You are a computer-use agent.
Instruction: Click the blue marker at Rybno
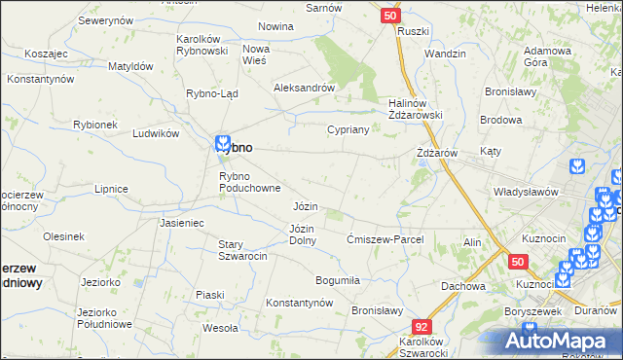(x=223, y=142)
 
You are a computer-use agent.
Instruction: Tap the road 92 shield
(x=421, y=328)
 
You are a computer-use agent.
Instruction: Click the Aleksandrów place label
(x=305, y=87)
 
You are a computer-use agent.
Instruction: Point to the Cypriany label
(x=346, y=128)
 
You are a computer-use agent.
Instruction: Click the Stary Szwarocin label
(x=242, y=250)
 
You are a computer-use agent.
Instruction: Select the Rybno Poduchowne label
(x=250, y=182)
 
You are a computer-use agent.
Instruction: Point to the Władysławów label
(x=525, y=192)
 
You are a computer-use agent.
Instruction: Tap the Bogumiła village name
(x=331, y=279)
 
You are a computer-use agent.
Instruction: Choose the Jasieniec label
(x=181, y=223)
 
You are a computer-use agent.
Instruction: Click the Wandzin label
(x=445, y=54)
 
